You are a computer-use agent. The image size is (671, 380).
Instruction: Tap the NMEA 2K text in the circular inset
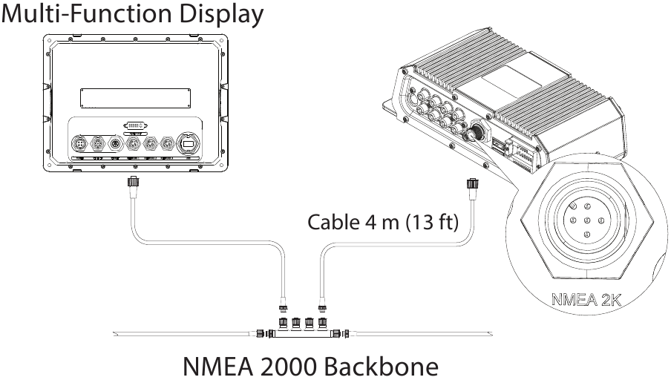(x=586, y=302)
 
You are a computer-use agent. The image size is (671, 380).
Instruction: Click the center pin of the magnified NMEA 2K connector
(x=586, y=220)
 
